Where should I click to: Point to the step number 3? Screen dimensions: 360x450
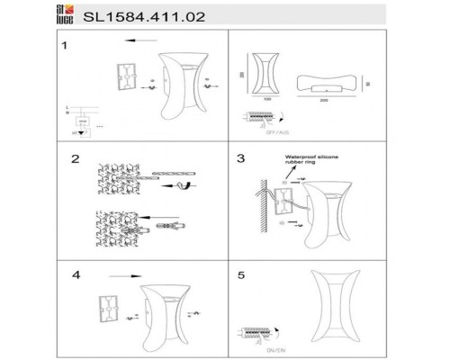(241, 159)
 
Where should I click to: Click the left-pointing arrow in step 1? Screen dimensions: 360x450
(137, 40)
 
